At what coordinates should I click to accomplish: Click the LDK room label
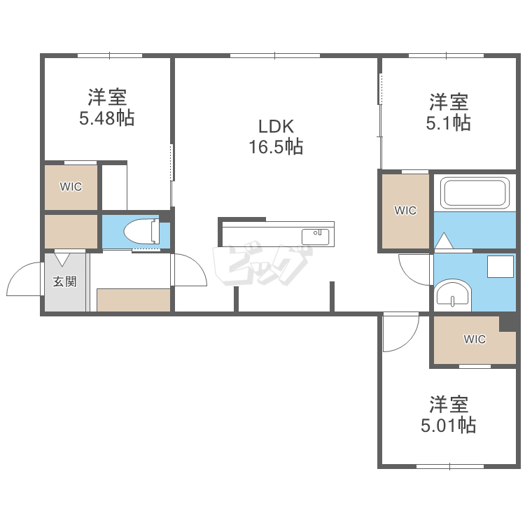[276, 127]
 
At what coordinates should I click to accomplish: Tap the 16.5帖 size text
[276, 147]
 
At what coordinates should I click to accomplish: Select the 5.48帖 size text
[107, 118]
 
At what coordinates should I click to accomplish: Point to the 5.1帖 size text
[448, 122]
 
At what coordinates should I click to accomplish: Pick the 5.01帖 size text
[448, 425]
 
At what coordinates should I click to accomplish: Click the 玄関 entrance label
[64, 281]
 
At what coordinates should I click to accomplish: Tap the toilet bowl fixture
[141, 231]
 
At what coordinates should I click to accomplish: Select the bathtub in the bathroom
[475, 193]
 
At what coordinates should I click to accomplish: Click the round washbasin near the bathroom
[453, 295]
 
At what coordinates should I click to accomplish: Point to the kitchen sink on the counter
[316, 237]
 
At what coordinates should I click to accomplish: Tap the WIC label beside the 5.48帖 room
[71, 186]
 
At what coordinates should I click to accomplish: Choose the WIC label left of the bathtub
[405, 210]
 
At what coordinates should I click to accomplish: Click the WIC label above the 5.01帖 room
[475, 339]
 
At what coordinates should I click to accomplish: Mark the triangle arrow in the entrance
[62, 260]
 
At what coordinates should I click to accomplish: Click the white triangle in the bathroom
[444, 240]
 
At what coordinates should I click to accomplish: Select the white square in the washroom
[500, 267]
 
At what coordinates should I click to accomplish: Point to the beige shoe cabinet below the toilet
[134, 300]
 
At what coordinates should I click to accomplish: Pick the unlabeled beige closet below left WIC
[71, 232]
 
